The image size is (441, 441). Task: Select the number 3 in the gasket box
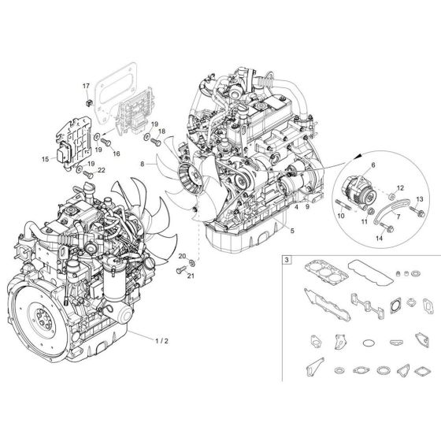tap(286, 259)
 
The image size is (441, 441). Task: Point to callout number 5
tap(292, 231)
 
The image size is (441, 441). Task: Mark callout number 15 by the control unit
tap(45, 158)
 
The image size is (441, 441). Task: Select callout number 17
tap(87, 84)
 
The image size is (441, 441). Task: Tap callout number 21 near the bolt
tap(182, 274)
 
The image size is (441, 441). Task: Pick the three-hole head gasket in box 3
tap(314, 284)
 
